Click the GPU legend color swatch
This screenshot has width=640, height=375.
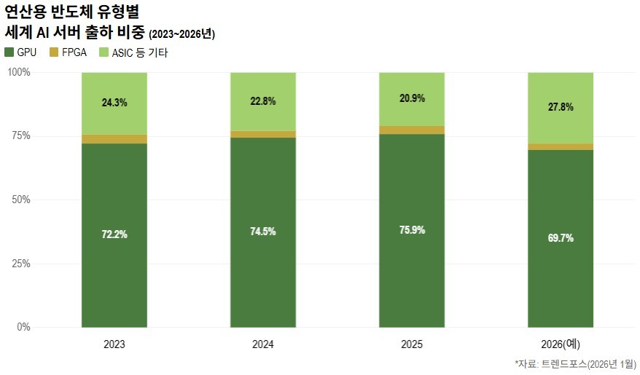coord(9,52)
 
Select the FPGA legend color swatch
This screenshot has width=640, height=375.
coord(54,52)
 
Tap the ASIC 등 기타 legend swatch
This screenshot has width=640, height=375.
coord(104,52)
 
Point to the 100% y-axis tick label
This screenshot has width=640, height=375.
coord(19,72)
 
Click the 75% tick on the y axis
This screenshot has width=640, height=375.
coord(21,135)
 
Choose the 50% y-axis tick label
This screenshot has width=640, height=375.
coord(21,200)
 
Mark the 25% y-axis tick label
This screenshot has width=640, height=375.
coord(21,264)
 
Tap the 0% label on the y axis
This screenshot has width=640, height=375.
coord(23,327)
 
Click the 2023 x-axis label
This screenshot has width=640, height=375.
coord(114,344)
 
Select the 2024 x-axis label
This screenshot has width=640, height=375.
coord(263,344)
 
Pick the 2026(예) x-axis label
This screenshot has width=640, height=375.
coord(561,344)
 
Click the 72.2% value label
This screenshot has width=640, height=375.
coord(114,234)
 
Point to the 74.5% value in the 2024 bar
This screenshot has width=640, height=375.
coord(263,232)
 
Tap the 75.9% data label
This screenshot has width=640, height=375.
coord(412,230)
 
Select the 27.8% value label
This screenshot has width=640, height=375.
coord(561,107)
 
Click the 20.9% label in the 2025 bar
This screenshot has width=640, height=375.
coord(412,98)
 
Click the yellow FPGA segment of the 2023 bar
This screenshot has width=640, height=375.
coord(114,139)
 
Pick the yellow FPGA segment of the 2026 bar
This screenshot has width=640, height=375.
coord(561,147)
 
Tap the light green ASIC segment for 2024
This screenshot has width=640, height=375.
coord(263,101)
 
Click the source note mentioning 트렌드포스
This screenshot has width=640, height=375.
coord(575,364)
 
